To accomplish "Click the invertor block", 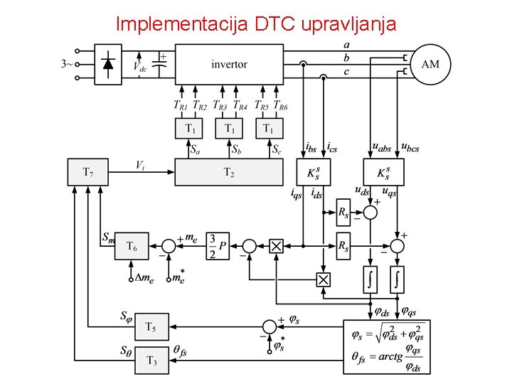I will coord(228,65).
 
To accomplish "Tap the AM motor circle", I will coord(430,65).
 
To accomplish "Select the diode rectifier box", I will coord(108,65).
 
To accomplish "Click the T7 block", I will coord(87,172).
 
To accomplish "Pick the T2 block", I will coord(228,172).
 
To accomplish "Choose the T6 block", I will coord(132,246).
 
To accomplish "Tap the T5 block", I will coord(151,327).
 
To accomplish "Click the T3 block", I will coord(151,359).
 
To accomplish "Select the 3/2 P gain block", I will coord(218,246).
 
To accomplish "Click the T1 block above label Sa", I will coord(190,129).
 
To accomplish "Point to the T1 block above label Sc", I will coord(268,129).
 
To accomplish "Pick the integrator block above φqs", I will coord(397,278).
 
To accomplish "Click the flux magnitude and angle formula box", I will coord(391,346).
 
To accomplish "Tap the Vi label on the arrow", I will coord(141,165).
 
